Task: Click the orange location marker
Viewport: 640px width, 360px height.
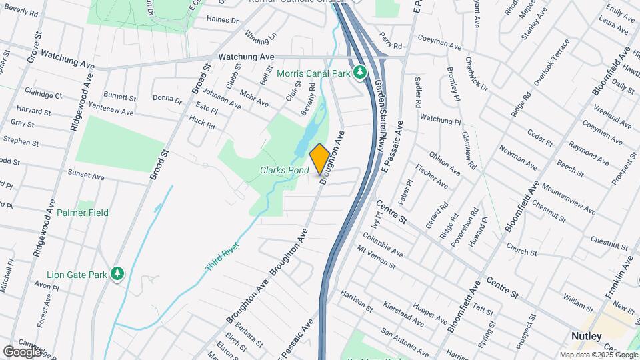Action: (x=319, y=159)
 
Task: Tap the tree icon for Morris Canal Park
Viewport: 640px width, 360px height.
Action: (x=361, y=71)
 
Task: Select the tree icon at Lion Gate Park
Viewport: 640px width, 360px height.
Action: (x=118, y=273)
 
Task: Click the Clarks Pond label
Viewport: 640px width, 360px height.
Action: (x=284, y=171)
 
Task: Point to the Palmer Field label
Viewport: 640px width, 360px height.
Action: (x=82, y=213)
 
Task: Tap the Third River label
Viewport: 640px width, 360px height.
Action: (x=221, y=257)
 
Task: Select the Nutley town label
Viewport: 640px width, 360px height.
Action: (x=587, y=336)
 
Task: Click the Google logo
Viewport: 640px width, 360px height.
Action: (x=22, y=351)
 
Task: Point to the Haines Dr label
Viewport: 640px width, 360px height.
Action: (x=223, y=20)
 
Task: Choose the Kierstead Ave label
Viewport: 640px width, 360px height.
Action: (x=404, y=314)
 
